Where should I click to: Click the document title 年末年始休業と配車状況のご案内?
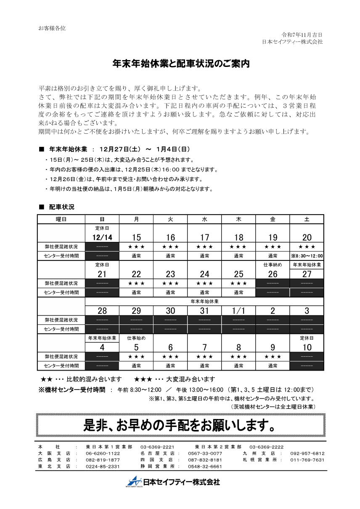coord(181,64)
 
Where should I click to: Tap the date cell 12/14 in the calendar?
coord(102,238)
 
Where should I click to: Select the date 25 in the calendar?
coord(238,274)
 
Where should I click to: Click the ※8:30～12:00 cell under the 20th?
coord(307,256)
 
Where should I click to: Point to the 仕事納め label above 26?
coord(273,265)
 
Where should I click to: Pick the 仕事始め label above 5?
coord(136,338)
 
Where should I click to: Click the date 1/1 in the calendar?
coord(238,311)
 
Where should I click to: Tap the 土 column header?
coord(307,219)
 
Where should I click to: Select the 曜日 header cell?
coord(61,219)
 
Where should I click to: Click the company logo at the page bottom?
coord(174,482)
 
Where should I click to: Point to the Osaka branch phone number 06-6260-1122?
coord(103,453)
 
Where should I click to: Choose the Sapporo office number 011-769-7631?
coord(307,460)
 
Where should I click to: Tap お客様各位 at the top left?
coord(52,28)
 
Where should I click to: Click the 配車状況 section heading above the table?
coord(61,207)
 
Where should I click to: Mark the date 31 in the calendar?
coord(204,311)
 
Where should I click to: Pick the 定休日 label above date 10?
coord(307,338)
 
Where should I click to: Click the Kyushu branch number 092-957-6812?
coord(307,453)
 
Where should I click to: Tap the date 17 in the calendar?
coord(204,238)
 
